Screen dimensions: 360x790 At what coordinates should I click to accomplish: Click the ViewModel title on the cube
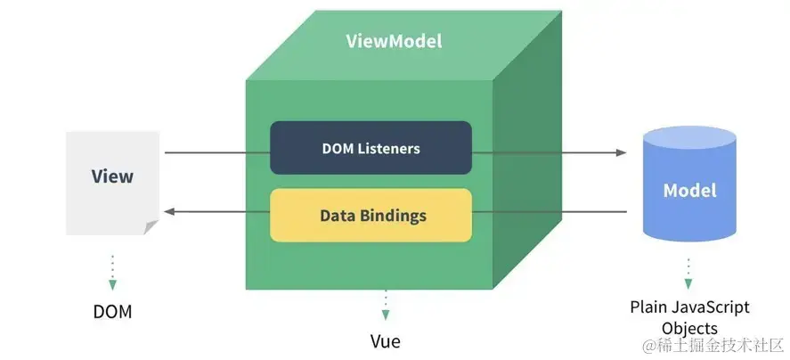click(x=393, y=41)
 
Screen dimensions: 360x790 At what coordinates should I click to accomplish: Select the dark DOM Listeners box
click(x=371, y=148)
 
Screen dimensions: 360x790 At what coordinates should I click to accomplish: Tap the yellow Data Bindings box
click(x=371, y=216)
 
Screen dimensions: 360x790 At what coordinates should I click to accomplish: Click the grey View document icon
click(x=112, y=182)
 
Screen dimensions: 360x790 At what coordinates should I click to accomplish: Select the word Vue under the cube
click(x=385, y=341)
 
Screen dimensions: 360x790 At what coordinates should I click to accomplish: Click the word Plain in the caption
click(x=649, y=307)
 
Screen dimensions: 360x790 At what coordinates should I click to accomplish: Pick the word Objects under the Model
click(x=689, y=327)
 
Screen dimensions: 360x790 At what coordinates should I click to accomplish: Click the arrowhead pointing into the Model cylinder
click(x=622, y=152)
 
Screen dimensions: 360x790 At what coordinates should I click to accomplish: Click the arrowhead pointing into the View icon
click(x=167, y=211)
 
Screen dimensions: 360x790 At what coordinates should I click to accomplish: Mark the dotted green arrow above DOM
click(x=112, y=272)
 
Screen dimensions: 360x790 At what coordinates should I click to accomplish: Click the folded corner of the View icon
click(x=152, y=227)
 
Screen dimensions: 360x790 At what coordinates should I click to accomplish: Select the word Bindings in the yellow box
click(x=397, y=216)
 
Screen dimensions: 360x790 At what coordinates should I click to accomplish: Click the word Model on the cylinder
click(x=689, y=191)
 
